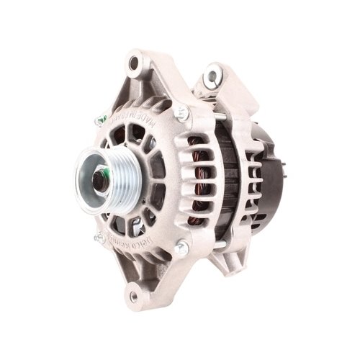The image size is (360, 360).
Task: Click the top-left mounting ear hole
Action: click(133, 63)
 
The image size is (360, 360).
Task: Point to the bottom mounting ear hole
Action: click(132, 294)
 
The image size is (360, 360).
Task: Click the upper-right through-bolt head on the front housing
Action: click(181, 112)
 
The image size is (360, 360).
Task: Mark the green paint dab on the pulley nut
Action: click(105, 172)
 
